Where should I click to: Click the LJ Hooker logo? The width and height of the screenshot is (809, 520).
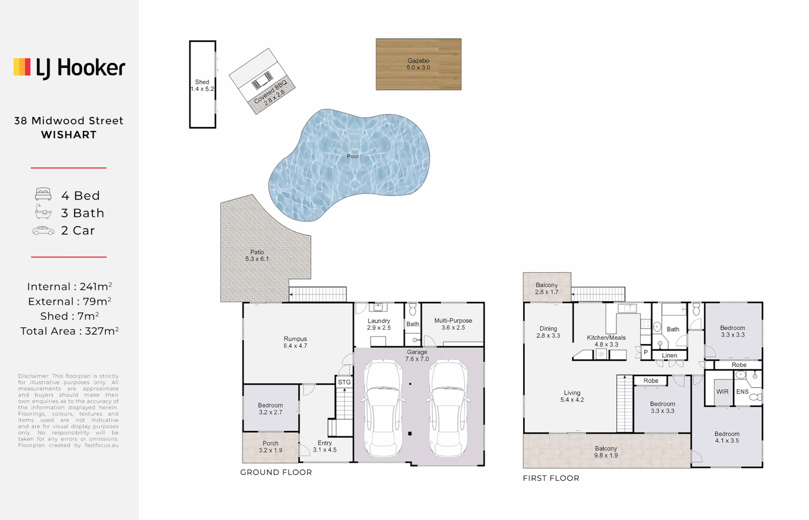coord(69,68)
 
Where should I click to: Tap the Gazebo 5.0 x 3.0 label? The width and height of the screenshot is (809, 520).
coord(418,64)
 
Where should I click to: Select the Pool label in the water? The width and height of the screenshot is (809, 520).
coord(353,156)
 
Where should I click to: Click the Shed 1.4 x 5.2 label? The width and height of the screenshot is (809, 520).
coord(202,86)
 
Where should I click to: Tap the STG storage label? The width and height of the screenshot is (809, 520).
coord(344,382)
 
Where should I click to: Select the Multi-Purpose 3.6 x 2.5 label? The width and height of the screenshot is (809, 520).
coord(453,324)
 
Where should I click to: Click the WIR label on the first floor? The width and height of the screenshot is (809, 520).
coord(722,392)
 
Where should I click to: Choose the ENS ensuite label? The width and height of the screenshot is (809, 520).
coord(742,392)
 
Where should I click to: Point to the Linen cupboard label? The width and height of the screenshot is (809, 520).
coord(669,355)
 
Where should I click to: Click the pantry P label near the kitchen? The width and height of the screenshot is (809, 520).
coord(646,352)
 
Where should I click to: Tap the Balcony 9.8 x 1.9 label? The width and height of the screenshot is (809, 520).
coord(605,452)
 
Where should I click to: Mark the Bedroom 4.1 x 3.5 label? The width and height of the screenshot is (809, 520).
coord(727,437)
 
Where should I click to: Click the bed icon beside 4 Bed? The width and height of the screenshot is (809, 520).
coord(43,195)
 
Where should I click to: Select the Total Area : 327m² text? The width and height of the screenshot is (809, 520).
coord(69,331)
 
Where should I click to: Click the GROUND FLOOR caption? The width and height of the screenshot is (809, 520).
coord(276,472)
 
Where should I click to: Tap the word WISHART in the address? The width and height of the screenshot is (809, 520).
coord(69,135)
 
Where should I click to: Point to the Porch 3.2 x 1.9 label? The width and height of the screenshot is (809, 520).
coord(270,447)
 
